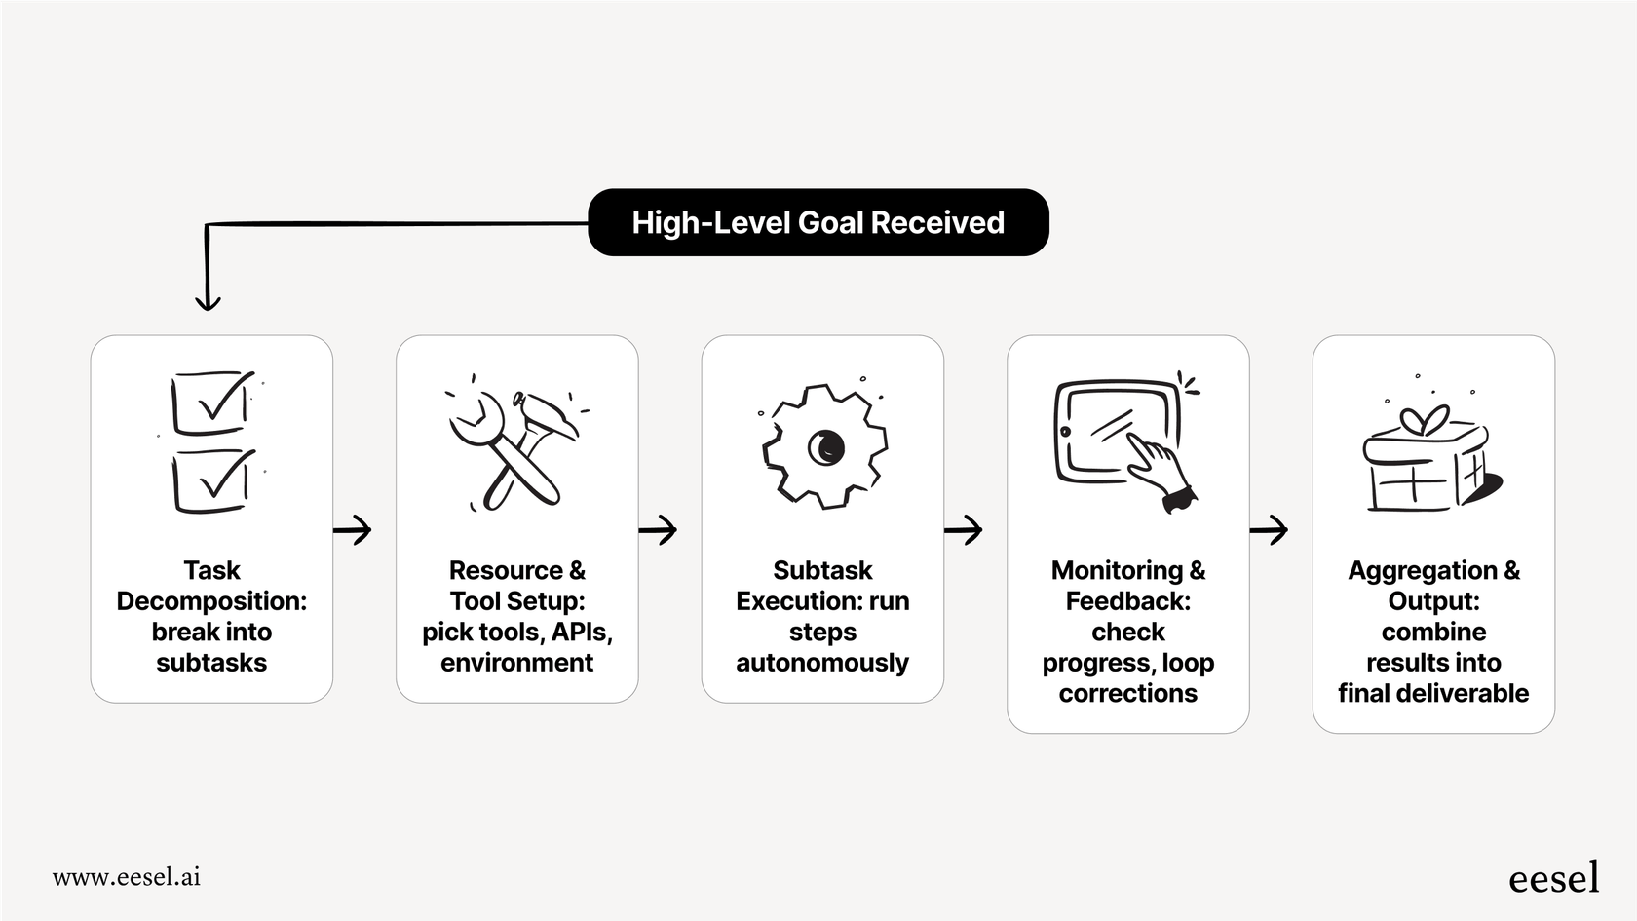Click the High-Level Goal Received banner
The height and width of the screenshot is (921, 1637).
818,222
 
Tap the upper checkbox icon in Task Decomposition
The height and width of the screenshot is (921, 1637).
211,402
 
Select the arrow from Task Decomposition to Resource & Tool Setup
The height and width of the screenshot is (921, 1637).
353,530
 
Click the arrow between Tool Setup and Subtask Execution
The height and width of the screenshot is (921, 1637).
659,530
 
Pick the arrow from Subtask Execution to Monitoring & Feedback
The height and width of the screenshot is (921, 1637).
964,530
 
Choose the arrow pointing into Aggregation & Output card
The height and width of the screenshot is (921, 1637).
1270,530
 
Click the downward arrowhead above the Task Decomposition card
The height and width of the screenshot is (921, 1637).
208,300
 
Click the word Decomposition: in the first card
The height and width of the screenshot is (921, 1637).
211,601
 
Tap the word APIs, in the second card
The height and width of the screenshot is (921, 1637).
582,632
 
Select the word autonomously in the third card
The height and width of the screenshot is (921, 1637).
822,663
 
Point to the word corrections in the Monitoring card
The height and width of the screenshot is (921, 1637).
1128,693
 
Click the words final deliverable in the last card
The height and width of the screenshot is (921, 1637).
1433,693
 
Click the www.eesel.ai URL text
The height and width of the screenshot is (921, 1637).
127,876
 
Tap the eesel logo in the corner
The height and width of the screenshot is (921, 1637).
1553,877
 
